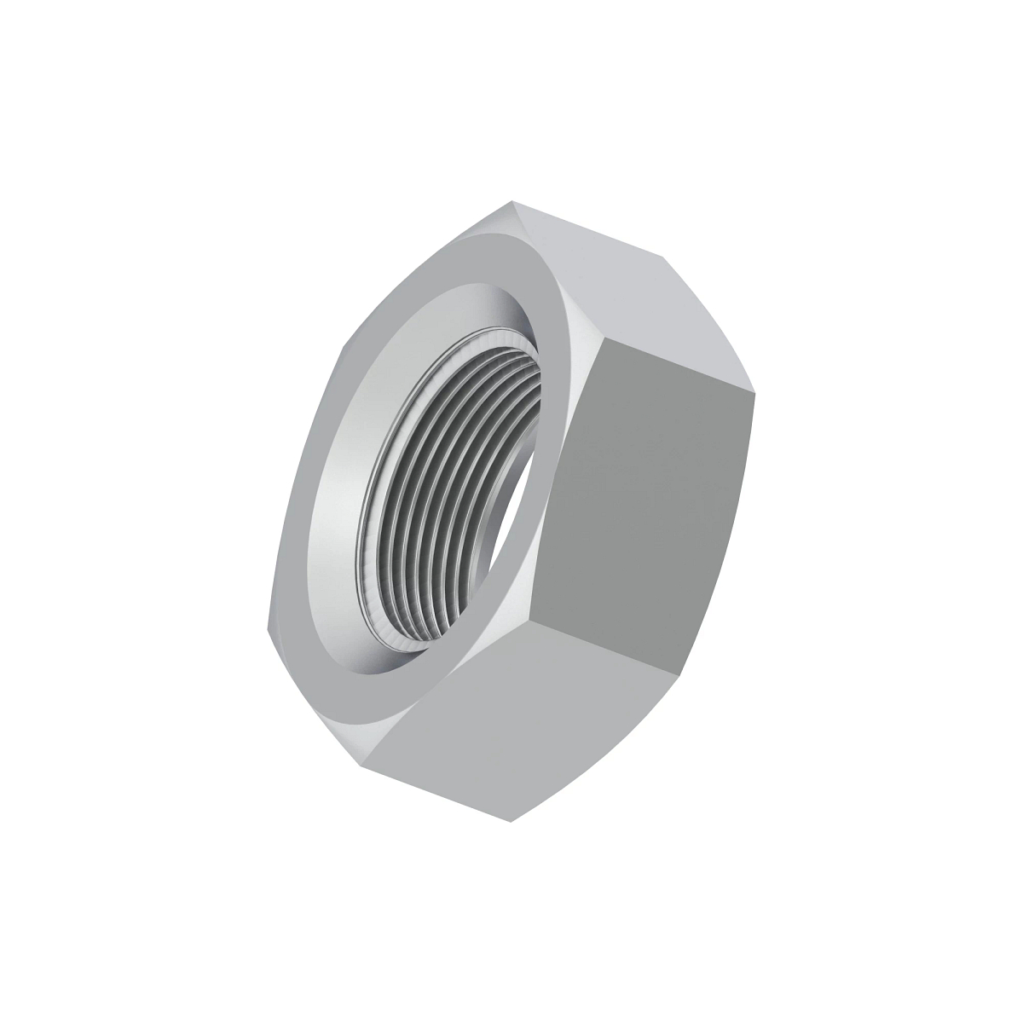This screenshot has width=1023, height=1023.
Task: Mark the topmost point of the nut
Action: pos(512,201)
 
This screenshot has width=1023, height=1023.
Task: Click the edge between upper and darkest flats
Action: pos(682,367)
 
